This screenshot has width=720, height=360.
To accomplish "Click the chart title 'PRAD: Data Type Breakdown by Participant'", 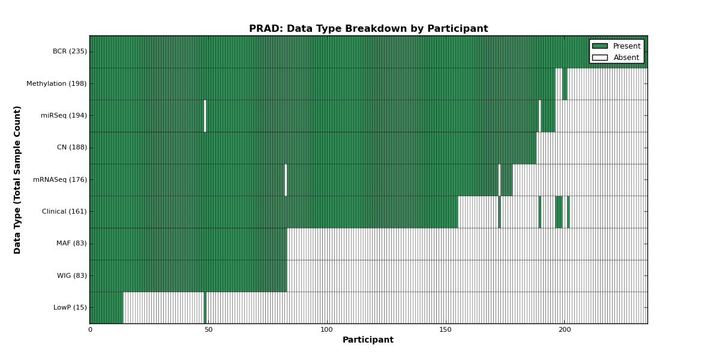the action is pyautogui.click(x=368, y=29).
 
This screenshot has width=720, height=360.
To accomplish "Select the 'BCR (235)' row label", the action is pyautogui.click(x=70, y=52).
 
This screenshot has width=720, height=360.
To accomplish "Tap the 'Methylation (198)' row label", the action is pyautogui.click(x=56, y=83).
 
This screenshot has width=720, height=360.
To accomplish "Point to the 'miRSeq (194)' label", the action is pyautogui.click(x=64, y=115).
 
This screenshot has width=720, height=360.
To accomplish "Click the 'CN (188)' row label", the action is pyautogui.click(x=72, y=147).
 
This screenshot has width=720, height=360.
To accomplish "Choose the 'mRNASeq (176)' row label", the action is pyautogui.click(x=60, y=179).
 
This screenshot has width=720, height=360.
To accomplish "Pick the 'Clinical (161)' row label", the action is pyautogui.click(x=64, y=211).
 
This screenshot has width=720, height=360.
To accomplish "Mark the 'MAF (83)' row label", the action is pyautogui.click(x=71, y=244).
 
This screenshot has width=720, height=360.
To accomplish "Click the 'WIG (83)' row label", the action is pyautogui.click(x=71, y=275).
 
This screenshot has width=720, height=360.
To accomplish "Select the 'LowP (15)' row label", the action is pyautogui.click(x=70, y=307).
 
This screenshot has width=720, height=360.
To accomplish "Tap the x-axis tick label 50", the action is pyautogui.click(x=208, y=329).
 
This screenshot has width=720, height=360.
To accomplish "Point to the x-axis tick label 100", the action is pyautogui.click(x=326, y=329).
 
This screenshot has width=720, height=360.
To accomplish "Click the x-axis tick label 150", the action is pyautogui.click(x=445, y=329).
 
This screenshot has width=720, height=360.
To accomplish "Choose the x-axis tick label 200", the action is pyautogui.click(x=564, y=329).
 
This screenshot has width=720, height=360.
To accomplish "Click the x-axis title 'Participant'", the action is pyautogui.click(x=368, y=340).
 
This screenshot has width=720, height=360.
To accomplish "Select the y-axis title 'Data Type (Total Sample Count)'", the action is pyautogui.click(x=17, y=180).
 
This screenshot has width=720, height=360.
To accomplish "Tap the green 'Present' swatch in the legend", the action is pyautogui.click(x=600, y=46).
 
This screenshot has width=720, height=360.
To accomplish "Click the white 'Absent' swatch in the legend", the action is pyautogui.click(x=600, y=58).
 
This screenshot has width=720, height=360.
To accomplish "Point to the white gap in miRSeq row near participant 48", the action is pyautogui.click(x=205, y=116).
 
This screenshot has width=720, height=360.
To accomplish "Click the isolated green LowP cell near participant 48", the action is pyautogui.click(x=205, y=308).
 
